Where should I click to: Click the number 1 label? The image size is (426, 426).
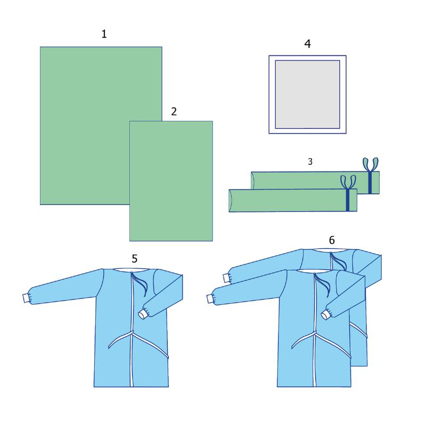click(x=104, y=34)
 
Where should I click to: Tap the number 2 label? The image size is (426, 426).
click(x=174, y=111)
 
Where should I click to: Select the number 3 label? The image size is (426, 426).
click(x=310, y=162)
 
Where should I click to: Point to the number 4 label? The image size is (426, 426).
click(x=308, y=44)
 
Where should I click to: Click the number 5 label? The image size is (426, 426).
click(x=135, y=259)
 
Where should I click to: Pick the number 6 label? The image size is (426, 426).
click(x=332, y=240)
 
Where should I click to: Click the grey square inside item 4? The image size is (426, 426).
click(x=308, y=94)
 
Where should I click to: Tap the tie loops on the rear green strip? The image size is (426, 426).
click(x=370, y=165)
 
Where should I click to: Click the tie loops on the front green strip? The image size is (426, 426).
click(x=348, y=182)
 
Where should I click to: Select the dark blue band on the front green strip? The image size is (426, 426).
click(x=348, y=200)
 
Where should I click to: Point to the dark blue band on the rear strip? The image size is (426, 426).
click(x=370, y=183)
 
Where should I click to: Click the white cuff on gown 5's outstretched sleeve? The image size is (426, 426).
click(x=26, y=298)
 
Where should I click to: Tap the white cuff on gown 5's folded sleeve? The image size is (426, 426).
click(x=143, y=315)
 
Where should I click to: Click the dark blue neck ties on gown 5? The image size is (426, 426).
click(x=141, y=284)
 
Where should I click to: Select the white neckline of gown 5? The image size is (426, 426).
click(x=131, y=270)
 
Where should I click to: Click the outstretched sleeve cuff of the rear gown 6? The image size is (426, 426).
click(x=226, y=278)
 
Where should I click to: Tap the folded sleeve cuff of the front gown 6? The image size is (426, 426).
click(x=326, y=315)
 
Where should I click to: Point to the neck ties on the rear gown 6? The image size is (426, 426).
click(x=339, y=261)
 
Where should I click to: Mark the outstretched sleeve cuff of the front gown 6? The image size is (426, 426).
click(x=210, y=299)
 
